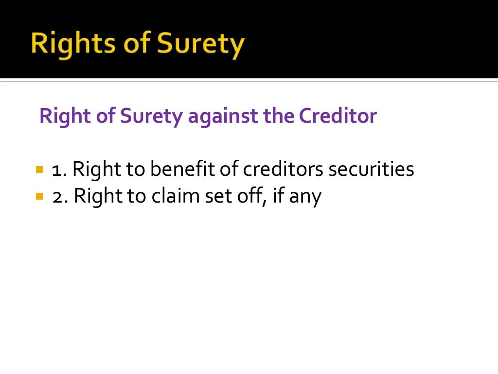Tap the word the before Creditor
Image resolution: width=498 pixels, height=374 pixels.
[x=279, y=116]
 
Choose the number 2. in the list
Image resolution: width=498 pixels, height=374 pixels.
[x=61, y=197]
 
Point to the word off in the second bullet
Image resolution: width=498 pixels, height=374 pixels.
[x=246, y=197]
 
